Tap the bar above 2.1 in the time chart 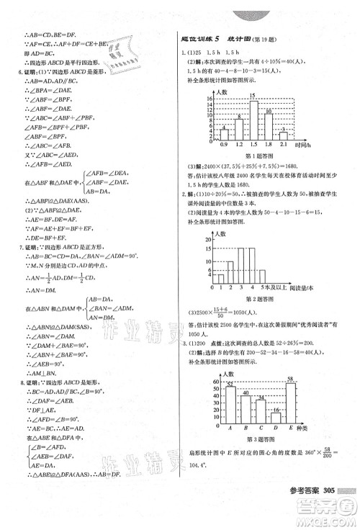coord(284,135)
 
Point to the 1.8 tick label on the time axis coord(268,145)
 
